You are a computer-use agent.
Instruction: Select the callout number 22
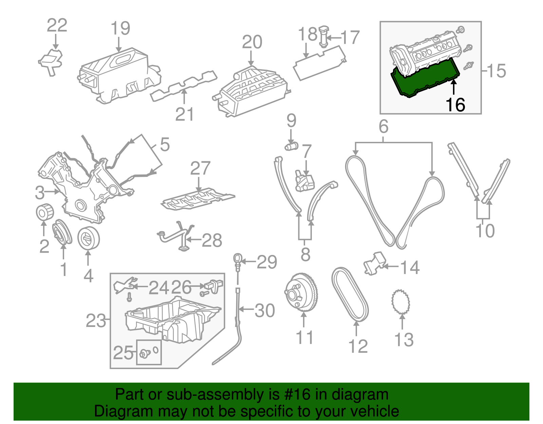57,25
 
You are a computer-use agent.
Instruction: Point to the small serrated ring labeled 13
401,301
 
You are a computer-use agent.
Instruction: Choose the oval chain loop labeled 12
350,294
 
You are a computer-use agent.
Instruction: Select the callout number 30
265,310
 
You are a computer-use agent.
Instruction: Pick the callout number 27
200,168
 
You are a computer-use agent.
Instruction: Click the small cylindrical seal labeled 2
45,212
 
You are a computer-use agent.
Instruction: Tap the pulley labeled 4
89,238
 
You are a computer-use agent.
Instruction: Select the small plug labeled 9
291,147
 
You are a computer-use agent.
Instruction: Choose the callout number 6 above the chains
383,127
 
